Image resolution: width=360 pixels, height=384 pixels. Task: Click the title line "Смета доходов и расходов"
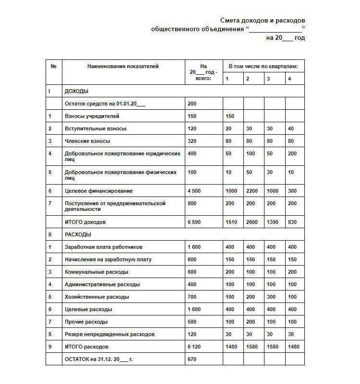pos(263,21)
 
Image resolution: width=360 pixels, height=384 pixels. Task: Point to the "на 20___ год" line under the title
pos(285,38)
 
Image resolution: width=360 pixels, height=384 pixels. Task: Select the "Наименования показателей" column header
pos(123,67)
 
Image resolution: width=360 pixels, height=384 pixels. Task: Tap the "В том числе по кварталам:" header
pos(263,66)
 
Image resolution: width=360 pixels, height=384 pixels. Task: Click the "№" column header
pos(53,67)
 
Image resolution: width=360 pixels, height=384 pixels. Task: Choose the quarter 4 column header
pos(289,79)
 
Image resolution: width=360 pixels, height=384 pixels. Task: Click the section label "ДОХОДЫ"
pos(76,91)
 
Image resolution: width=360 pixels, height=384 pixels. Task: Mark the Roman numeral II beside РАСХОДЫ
pos(50,234)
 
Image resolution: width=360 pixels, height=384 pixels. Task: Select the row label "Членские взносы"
pos(87,141)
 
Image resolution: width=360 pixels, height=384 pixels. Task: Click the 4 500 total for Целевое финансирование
pos(194,191)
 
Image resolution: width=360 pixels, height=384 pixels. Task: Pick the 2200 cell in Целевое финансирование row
pos(252,191)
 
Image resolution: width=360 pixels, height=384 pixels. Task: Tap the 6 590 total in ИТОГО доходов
pos(194,222)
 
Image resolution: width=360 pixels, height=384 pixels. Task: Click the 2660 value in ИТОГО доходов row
pos(252,222)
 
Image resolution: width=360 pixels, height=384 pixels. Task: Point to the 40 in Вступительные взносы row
pos(290,128)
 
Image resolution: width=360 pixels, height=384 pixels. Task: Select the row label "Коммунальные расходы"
pos(96,272)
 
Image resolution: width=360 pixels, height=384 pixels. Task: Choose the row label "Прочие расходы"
pos(86,322)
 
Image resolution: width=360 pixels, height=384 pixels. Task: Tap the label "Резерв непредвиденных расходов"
pos(109,334)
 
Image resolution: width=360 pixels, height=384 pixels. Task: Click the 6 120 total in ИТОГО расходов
pos(194,347)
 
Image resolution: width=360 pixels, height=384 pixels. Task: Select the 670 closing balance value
pos(192,359)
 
